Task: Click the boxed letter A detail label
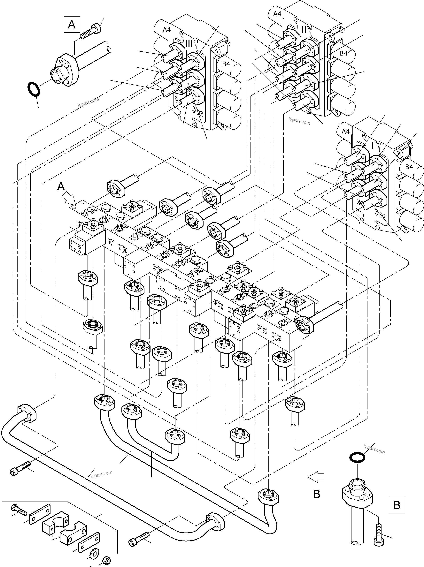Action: pyautogui.click(x=72, y=25)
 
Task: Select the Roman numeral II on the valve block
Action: pyautogui.click(x=304, y=29)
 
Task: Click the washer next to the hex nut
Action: pyautogui.click(x=93, y=553)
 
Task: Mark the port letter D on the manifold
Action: pyautogui.click(x=239, y=297)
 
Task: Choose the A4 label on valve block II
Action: pyautogui.click(x=277, y=14)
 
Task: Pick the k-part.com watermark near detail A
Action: pyautogui.click(x=88, y=102)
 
